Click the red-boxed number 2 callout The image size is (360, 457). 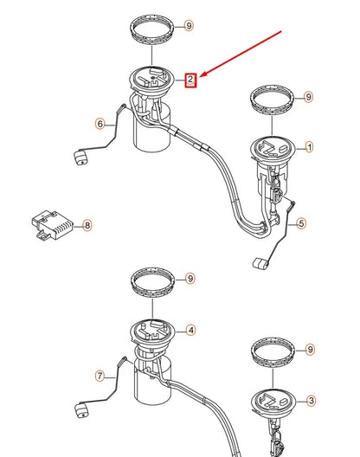(x=190, y=80)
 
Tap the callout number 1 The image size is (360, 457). (x=309, y=147)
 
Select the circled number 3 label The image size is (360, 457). (x=311, y=401)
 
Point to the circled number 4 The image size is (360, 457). (x=190, y=331)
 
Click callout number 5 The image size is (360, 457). (x=301, y=223)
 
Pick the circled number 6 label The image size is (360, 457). (x=100, y=124)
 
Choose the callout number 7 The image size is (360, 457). (x=100, y=376)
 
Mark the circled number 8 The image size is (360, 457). (x=87, y=225)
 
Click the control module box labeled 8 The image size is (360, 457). (x=53, y=225)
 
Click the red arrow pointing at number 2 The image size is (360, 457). (x=241, y=54)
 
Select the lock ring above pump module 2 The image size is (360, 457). (x=153, y=29)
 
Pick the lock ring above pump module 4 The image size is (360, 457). (x=153, y=282)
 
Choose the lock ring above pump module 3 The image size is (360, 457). (x=273, y=353)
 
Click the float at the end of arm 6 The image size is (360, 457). (x=81, y=158)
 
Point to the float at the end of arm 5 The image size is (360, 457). (x=260, y=263)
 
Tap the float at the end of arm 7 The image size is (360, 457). (x=81, y=409)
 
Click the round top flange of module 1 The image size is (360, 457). (x=273, y=149)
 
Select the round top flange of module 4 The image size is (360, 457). (x=153, y=331)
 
